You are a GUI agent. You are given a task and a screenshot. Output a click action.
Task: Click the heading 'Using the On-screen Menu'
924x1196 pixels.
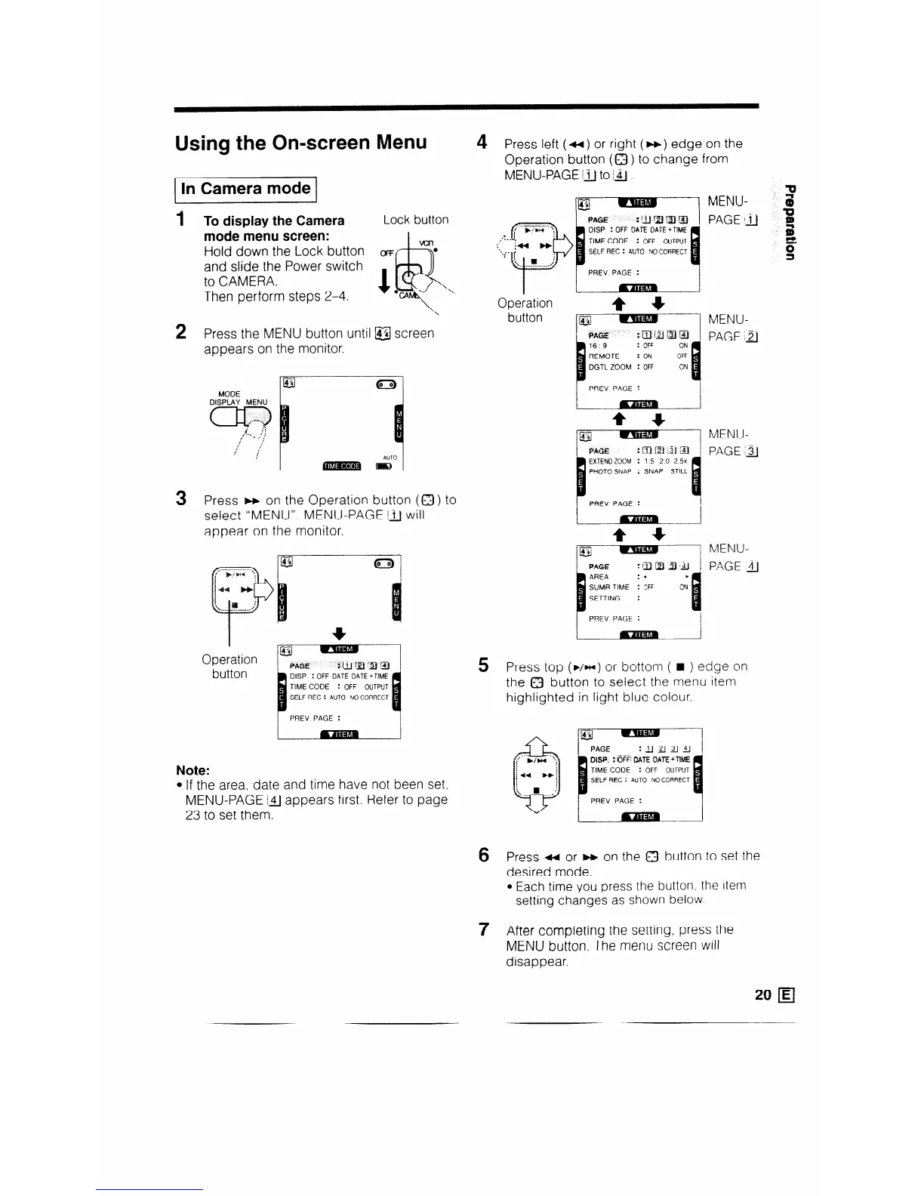300,143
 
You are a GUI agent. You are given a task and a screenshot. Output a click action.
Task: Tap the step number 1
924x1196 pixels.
180,220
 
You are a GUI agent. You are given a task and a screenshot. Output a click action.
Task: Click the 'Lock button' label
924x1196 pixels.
415,220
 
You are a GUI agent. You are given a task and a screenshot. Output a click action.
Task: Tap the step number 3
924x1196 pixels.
180,499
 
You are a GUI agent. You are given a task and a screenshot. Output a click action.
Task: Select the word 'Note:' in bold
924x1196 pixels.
192,770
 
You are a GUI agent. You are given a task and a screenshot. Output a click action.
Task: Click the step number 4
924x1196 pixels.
482,142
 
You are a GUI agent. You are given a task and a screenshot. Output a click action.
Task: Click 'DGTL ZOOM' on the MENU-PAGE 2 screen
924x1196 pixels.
609,367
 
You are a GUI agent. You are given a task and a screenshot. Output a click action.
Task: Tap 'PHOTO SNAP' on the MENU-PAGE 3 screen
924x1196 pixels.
609,470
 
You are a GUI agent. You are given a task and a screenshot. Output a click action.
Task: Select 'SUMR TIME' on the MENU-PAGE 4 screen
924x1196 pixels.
609,587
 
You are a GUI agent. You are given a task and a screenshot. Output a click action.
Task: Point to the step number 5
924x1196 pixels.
483,665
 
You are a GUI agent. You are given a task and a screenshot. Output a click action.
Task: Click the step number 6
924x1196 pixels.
483,855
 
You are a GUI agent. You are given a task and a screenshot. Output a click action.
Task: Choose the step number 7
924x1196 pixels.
483,929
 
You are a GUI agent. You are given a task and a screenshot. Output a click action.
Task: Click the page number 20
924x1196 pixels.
762,995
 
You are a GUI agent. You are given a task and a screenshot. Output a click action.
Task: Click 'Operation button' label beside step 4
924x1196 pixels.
525,310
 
